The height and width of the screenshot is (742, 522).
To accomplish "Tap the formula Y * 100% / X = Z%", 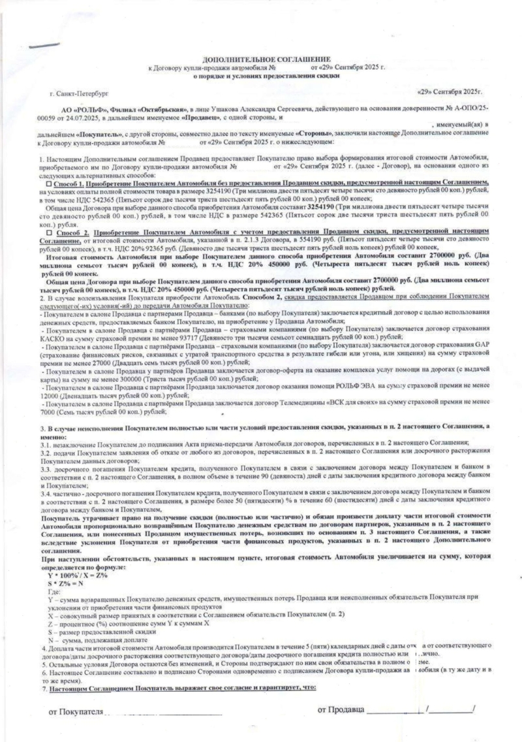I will (x=79, y=575).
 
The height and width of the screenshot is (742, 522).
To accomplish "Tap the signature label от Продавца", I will (x=340, y=709).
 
